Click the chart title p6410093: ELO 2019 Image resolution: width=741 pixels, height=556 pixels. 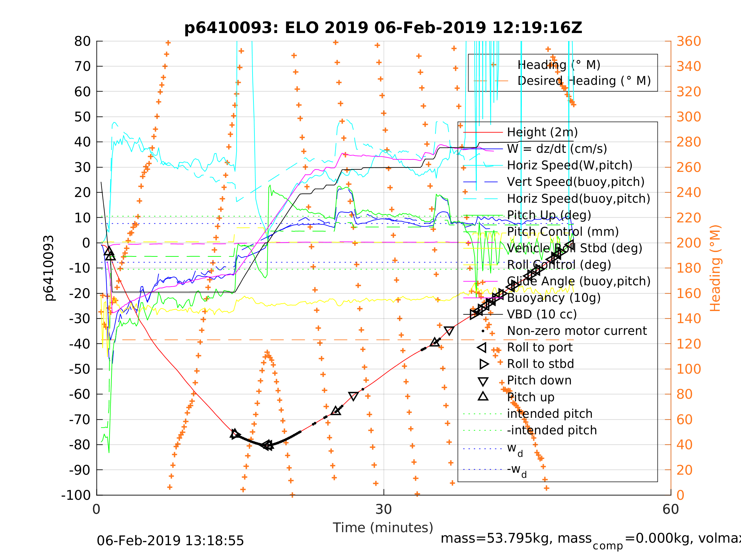point(383,28)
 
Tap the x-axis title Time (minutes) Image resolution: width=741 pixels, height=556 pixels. point(383,528)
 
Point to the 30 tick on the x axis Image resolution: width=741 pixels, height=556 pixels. point(384,510)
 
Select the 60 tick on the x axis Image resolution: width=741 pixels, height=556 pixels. point(671,510)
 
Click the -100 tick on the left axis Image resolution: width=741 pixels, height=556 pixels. point(76,495)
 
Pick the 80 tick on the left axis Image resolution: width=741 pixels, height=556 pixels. point(82,42)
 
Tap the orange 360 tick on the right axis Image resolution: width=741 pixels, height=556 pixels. point(689,42)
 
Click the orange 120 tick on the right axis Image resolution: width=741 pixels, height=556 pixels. point(689,344)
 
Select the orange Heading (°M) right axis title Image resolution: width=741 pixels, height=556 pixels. point(715,268)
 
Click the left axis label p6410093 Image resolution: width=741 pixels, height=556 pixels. point(49,268)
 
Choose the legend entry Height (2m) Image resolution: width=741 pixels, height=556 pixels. point(542,132)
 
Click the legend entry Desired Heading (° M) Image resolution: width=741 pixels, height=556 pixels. point(584,81)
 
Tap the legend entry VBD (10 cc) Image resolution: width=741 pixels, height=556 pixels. point(542,314)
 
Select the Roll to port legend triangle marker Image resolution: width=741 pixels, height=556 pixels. point(482,348)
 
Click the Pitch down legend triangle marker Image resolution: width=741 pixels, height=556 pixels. point(483,381)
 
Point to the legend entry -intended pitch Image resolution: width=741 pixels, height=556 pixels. point(552,430)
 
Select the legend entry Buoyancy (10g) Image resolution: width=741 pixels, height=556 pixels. point(554,298)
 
